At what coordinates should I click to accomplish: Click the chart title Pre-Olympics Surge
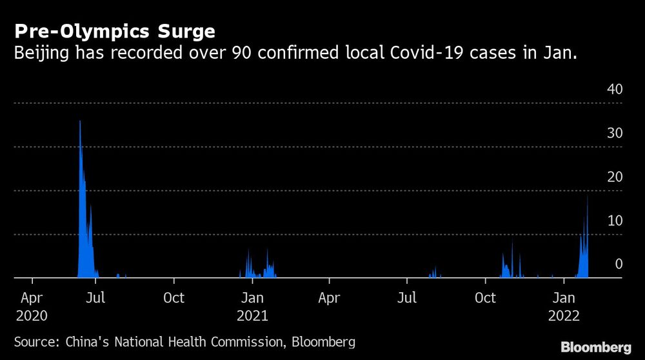(115, 31)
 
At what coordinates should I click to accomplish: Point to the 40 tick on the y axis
(615, 90)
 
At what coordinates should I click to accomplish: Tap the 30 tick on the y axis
(615, 134)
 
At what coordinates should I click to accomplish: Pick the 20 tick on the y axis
(615, 177)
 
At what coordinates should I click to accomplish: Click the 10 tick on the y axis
(615, 221)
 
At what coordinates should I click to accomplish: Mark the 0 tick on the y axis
(619, 265)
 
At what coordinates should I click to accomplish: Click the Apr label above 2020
(32, 298)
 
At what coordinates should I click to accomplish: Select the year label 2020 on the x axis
(32, 316)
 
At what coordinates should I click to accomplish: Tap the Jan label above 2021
(252, 298)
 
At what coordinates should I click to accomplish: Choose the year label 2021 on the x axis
(252, 316)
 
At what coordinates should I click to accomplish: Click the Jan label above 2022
(564, 298)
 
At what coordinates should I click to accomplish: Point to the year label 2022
(564, 316)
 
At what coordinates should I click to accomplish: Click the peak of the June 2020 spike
(80, 122)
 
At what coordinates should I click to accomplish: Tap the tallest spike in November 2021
(512, 239)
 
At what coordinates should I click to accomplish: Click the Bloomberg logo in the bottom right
(596, 347)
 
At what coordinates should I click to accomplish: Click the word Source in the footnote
(37, 341)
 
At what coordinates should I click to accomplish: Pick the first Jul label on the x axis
(95, 298)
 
